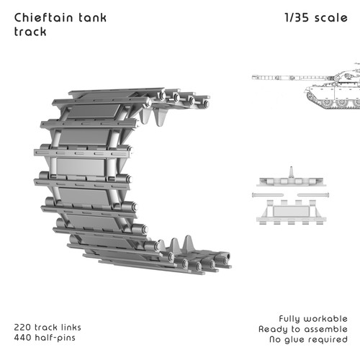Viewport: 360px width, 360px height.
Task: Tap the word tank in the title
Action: [93, 17]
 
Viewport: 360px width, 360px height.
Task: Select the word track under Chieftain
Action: [30, 32]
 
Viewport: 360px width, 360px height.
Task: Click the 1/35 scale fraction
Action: [297, 17]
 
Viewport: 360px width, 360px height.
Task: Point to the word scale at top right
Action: [331, 17]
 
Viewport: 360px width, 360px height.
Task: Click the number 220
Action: [22, 328]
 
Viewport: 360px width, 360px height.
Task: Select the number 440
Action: [23, 338]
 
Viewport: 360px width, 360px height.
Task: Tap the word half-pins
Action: [55, 338]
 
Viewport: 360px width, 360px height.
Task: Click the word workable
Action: [325, 319]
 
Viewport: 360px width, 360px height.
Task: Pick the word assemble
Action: [324, 329]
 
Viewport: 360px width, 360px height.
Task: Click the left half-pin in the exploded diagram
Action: [268, 195]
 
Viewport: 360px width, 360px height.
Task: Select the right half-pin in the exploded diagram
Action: [313, 195]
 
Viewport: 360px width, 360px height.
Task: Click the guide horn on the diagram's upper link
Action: [292, 172]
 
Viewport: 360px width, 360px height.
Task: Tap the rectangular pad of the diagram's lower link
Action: [291, 211]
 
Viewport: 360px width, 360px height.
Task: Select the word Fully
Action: [289, 319]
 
